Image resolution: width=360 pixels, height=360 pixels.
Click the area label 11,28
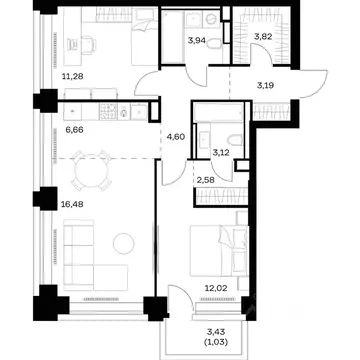(72, 77)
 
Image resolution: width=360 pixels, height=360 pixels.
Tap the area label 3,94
(197, 41)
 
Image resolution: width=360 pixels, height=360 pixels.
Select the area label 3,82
(263, 37)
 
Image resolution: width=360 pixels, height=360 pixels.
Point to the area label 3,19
(265, 86)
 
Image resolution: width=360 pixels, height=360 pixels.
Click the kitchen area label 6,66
(74, 130)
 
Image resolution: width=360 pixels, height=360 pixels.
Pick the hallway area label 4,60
(177, 136)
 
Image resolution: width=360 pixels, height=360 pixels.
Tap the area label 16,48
(72, 204)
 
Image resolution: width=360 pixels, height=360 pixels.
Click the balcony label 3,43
(217, 332)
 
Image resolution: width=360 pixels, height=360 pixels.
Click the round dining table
(91, 171)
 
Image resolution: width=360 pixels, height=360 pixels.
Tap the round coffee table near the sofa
(124, 243)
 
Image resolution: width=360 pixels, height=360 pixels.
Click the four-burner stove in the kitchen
(108, 111)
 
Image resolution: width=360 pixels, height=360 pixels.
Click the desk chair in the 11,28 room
(88, 45)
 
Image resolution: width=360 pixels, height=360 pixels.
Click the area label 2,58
(205, 180)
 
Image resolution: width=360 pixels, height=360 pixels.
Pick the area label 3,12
(221, 152)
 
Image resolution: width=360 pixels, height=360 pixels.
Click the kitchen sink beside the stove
(139, 111)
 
